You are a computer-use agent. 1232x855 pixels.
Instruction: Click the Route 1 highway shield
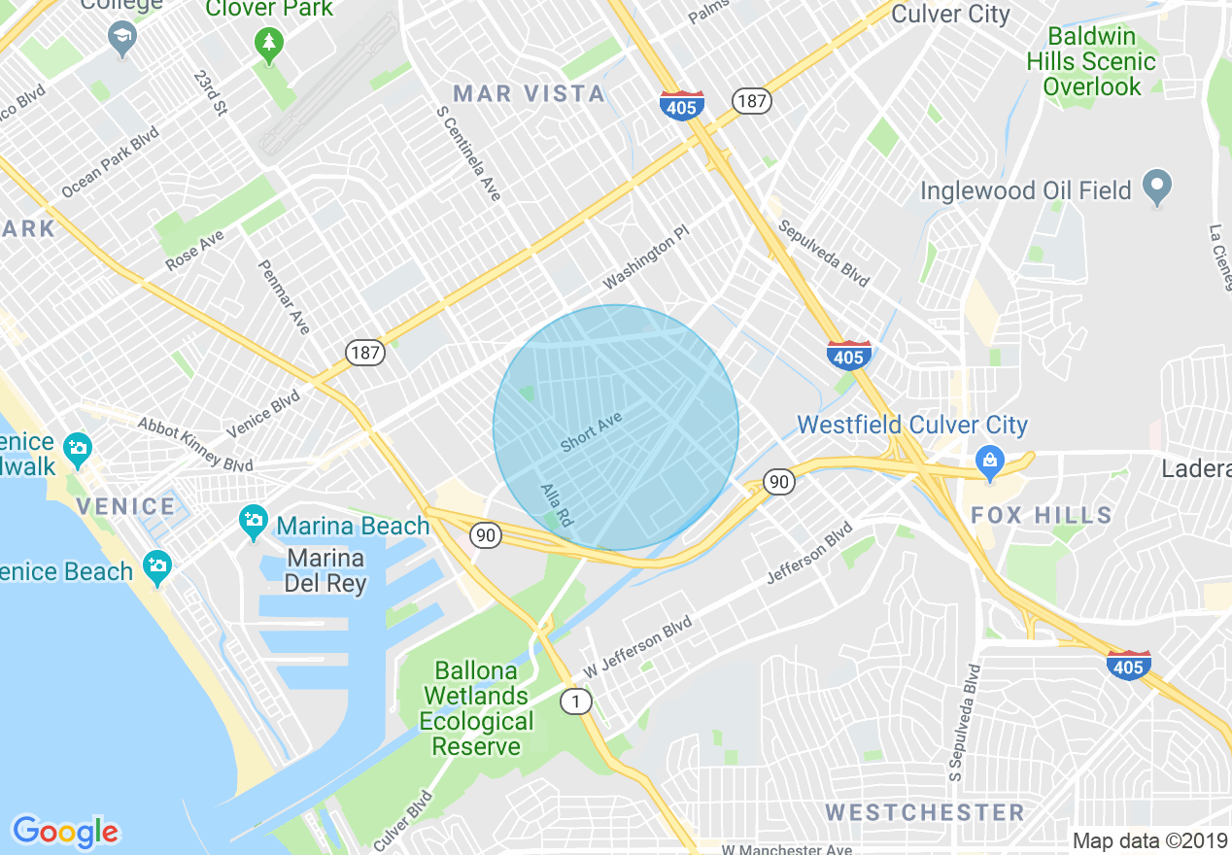click(x=577, y=701)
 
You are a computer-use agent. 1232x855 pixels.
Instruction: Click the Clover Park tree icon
click(x=269, y=42)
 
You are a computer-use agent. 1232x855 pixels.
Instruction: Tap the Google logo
click(x=65, y=831)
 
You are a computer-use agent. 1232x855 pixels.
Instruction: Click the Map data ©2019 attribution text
click(x=1149, y=840)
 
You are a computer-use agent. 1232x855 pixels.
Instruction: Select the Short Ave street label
click(x=590, y=430)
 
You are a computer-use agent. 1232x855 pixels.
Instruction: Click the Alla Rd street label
click(x=557, y=506)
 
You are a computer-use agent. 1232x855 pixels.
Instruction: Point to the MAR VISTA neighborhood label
click(x=530, y=93)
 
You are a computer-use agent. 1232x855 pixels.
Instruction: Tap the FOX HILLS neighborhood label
click(x=1041, y=515)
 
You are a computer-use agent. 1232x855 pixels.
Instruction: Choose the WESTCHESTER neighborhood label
click(x=924, y=812)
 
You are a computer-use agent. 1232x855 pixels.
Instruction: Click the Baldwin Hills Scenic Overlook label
click(x=1091, y=62)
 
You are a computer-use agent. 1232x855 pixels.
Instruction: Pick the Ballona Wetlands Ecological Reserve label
click(x=476, y=708)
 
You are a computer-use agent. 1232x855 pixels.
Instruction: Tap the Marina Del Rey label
click(x=325, y=571)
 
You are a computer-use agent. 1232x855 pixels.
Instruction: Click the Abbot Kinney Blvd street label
click(x=195, y=443)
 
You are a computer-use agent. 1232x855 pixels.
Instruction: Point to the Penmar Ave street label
click(x=284, y=297)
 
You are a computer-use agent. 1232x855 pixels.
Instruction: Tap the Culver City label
click(x=950, y=14)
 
